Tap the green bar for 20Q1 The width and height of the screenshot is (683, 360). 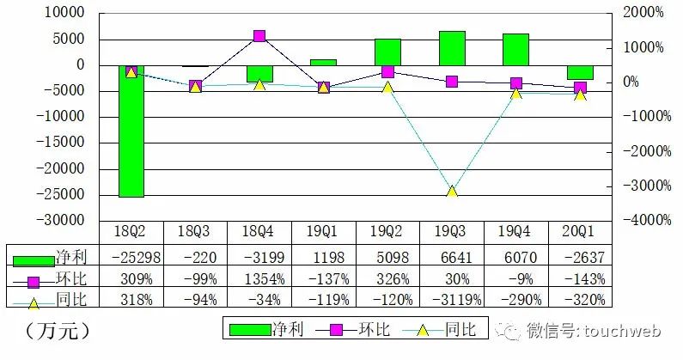pyautogui.click(x=580, y=72)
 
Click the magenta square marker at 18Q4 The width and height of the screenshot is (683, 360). pyautogui.click(x=259, y=36)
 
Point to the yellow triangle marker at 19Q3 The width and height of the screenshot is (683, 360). pyautogui.click(x=452, y=191)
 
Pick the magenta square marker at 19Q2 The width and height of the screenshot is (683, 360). pyautogui.click(x=387, y=71)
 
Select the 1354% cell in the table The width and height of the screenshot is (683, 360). pyautogui.click(x=259, y=278)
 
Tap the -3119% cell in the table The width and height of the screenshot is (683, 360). pyautogui.click(x=452, y=299)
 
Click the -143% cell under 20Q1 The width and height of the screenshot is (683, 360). pyautogui.click(x=580, y=278)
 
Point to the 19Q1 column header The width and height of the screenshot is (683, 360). pyautogui.click(x=324, y=232)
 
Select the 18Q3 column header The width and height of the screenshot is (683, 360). pyautogui.click(x=195, y=232)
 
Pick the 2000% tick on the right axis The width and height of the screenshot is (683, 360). pyautogui.click(x=642, y=13)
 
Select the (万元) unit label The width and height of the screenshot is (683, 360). pyautogui.click(x=58, y=329)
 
